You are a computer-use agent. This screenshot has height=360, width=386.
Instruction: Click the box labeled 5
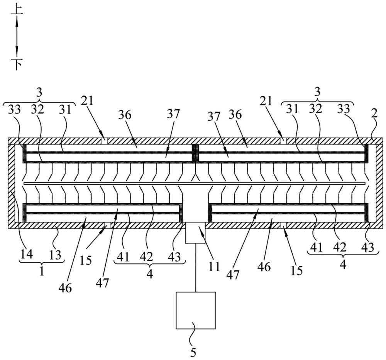[195, 310]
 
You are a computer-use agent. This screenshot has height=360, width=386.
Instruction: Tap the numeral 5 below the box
[193, 353]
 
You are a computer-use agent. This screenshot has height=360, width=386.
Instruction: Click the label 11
[214, 267]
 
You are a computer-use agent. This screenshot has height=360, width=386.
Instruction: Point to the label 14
[27, 254]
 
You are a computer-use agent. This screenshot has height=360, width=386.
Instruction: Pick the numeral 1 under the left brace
[42, 271]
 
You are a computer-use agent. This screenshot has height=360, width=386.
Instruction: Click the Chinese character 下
[17, 64]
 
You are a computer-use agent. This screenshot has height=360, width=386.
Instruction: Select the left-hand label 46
[65, 287]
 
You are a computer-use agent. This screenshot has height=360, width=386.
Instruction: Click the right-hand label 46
[264, 267]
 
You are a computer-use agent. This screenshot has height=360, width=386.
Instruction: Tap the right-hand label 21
[266, 101]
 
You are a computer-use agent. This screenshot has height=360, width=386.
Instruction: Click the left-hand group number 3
[39, 93]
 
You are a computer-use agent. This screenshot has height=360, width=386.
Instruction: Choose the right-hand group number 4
[343, 265]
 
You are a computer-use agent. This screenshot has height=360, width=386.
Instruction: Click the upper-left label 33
[15, 110]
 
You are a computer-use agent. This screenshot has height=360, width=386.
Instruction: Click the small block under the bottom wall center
[195, 233]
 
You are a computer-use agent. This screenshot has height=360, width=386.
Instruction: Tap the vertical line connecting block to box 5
[195, 268]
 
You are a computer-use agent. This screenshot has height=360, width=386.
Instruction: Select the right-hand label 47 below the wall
[233, 275]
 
